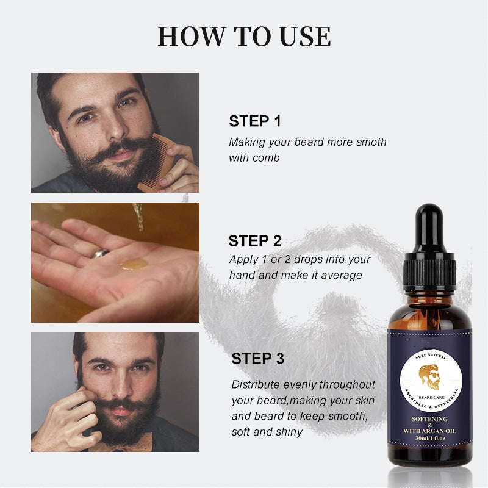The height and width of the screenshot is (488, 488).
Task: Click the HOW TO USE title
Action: pyautogui.click(x=244, y=37)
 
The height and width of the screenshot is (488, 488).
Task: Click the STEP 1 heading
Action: pyautogui.click(x=255, y=121)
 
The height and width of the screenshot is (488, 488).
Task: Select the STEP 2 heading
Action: pyautogui.click(x=255, y=240)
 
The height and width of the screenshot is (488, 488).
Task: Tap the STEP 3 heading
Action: pyautogui.click(x=257, y=359)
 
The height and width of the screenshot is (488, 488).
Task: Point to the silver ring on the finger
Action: pyautogui.click(x=101, y=253)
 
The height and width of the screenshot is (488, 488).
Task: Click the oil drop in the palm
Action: pyautogui.click(x=134, y=264)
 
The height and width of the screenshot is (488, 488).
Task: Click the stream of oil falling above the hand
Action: pyautogui.click(x=139, y=217)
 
